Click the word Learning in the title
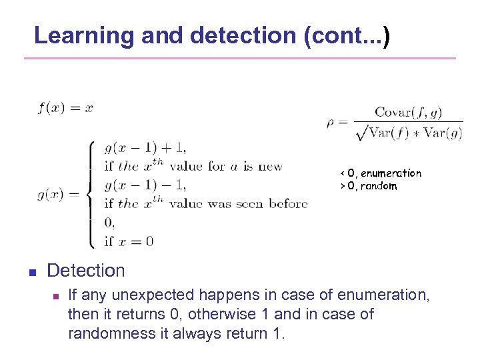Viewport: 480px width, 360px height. [84, 35]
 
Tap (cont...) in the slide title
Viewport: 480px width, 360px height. [346, 35]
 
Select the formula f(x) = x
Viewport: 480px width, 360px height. [65, 108]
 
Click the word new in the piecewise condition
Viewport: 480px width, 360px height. [269, 167]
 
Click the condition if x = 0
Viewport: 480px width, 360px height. [129, 241]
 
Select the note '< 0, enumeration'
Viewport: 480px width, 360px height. [381, 173]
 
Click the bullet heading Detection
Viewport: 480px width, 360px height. [86, 271]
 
